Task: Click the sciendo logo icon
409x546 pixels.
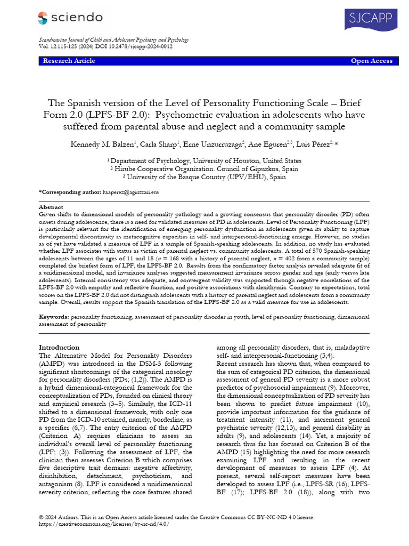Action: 43,18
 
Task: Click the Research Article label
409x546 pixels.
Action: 69,61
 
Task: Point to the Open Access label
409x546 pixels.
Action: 371,61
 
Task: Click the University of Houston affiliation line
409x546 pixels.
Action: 204,160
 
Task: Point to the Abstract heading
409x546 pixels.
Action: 52,206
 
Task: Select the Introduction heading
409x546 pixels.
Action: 59,347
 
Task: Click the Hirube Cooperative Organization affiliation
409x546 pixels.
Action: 204,168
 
